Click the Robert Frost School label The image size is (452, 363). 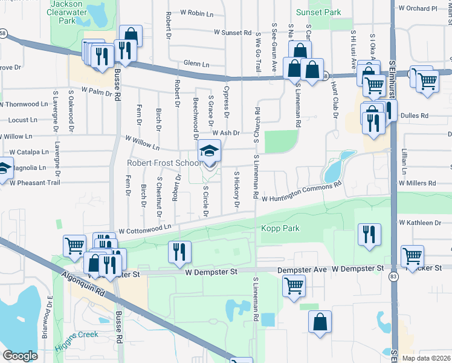(x=163, y=163)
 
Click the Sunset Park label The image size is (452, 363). (x=318, y=12)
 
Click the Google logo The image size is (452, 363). (x=20, y=355)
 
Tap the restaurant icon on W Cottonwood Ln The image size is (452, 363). (x=179, y=251)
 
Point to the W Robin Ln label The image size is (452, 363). (x=198, y=12)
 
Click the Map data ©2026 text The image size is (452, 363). (x=426, y=358)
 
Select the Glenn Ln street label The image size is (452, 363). (x=196, y=64)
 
